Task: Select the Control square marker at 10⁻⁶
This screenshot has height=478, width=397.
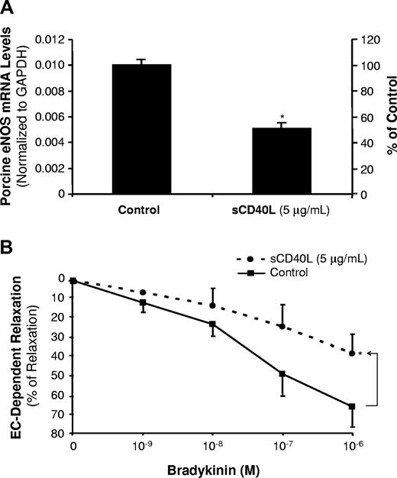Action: click(351, 406)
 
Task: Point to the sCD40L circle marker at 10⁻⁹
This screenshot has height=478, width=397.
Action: click(143, 292)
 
